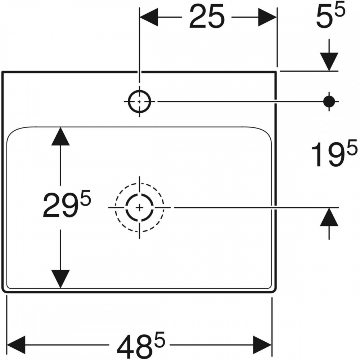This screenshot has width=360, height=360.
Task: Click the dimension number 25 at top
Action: point(207,17)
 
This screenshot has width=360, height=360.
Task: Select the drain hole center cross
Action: point(139,208)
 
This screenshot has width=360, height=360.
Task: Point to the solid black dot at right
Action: point(329,101)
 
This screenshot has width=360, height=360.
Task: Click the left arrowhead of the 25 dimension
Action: point(149,17)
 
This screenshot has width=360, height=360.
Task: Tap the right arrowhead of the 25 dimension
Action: point(267,17)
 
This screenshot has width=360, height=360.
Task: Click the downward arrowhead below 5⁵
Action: point(329,62)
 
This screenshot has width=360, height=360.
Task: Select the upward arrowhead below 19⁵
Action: point(329,217)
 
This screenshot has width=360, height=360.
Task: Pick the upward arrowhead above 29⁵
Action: point(60,136)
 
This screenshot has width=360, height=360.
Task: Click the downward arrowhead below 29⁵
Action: point(60,279)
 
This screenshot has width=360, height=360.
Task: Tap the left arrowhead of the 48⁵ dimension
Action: point(16,345)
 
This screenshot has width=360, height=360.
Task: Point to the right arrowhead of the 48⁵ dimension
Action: point(262,345)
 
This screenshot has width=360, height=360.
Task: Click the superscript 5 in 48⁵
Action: point(159,339)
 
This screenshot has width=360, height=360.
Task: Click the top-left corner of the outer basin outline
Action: point(2,72)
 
